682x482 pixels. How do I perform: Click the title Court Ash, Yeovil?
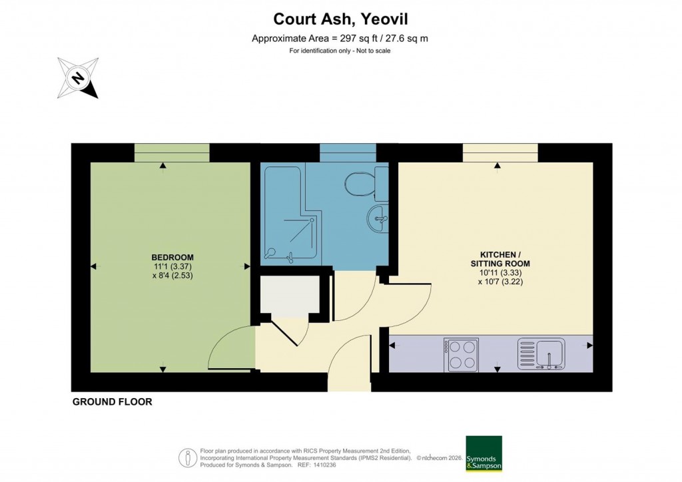pos(340,19)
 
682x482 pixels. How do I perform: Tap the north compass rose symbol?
pos(78,79)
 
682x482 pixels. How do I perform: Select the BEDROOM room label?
pos(172,258)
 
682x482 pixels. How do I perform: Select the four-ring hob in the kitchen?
pos(462,354)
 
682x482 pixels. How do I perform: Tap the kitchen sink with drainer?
pos(541,353)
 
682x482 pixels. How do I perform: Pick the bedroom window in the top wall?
pos(172,152)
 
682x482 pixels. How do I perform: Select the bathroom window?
pos(347,152)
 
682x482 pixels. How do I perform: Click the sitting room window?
pos(500,152)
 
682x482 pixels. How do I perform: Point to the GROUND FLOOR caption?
pos(112,402)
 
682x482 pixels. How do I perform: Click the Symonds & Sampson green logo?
pos(484,454)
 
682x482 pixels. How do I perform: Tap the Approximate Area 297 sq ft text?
pos(340,39)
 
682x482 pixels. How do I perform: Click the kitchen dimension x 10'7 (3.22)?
pos(504,282)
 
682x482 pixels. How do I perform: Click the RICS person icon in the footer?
pos(188,458)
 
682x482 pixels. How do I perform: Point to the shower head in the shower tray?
pos(271,252)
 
